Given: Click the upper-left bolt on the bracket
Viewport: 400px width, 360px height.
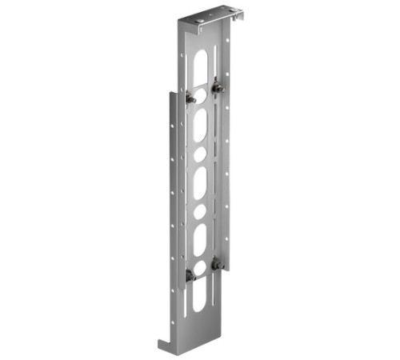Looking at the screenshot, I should pos(190,98).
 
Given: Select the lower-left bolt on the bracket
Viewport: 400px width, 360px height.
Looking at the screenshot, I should pos(190,276).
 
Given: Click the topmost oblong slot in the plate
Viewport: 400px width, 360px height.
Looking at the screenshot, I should pos(200,67).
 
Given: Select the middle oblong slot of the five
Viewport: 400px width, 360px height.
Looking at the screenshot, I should pos(200,182).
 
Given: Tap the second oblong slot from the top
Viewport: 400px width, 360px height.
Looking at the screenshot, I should pos(200,124).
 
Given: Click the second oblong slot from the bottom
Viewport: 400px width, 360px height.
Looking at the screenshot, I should pos(200,238).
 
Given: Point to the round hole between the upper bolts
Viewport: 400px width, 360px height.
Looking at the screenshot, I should pos(201,94).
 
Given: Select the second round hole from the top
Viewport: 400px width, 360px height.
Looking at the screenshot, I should pos(201,152).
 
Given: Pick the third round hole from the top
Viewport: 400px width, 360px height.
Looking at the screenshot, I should pos(200,211).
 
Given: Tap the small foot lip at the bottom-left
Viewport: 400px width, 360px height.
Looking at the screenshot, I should pos(165,346).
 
